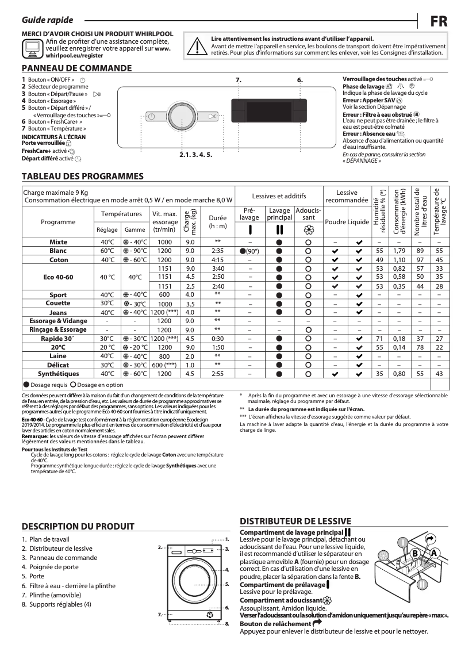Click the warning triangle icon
pos(197,44)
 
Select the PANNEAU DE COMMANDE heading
pos(76,68)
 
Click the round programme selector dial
pos(180,116)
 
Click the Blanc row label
pos(58,251)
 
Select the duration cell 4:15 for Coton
pos(217,260)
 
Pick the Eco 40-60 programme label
pos(58,277)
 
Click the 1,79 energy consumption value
pos(399,251)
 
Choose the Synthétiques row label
pos(58,374)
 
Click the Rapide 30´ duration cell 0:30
pos(217,339)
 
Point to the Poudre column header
pos(336,222)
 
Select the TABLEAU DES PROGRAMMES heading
pos(82,176)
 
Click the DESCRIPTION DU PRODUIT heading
pos(78,526)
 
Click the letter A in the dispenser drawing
pos(434,553)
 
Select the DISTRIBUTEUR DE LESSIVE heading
pos(295,521)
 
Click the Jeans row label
pos(58,312)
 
